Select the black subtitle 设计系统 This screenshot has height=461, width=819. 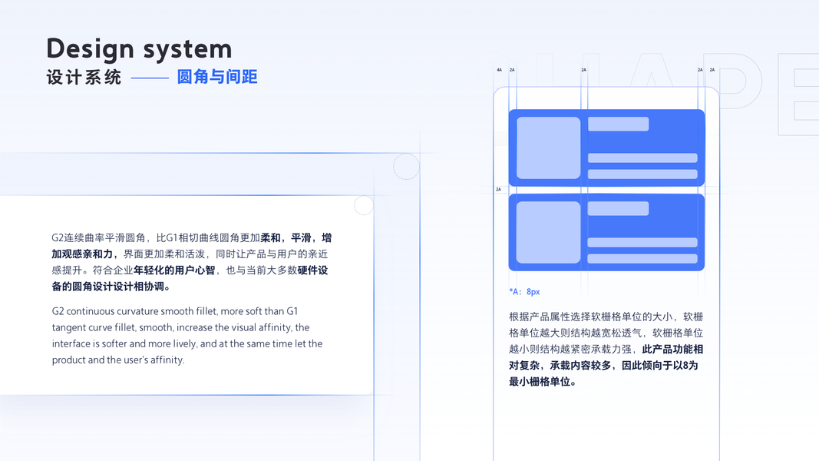click(x=84, y=78)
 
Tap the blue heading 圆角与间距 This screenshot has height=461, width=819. click(x=217, y=77)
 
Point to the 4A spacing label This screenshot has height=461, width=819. click(x=499, y=70)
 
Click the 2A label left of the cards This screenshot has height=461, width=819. click(x=498, y=189)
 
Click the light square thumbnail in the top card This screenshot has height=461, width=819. click(x=548, y=148)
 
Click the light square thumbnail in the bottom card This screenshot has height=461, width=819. click(x=548, y=232)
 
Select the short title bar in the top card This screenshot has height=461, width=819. click(x=618, y=124)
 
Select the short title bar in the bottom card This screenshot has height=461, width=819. click(x=618, y=208)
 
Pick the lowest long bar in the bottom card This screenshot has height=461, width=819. click(x=642, y=259)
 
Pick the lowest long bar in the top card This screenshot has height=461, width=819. click(x=642, y=174)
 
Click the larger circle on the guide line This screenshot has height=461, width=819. click(x=406, y=166)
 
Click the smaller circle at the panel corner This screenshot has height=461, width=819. click(x=363, y=205)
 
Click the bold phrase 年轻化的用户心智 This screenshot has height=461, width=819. click(x=174, y=270)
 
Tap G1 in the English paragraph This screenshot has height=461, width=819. click(x=292, y=311)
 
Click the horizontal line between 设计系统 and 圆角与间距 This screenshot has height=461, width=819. click(x=150, y=78)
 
